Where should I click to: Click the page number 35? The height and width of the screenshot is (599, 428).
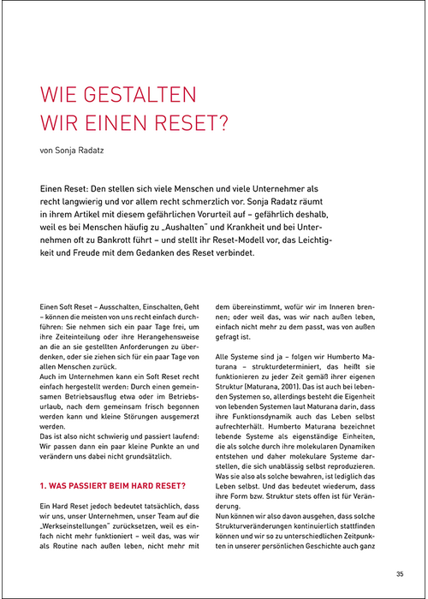400,574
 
